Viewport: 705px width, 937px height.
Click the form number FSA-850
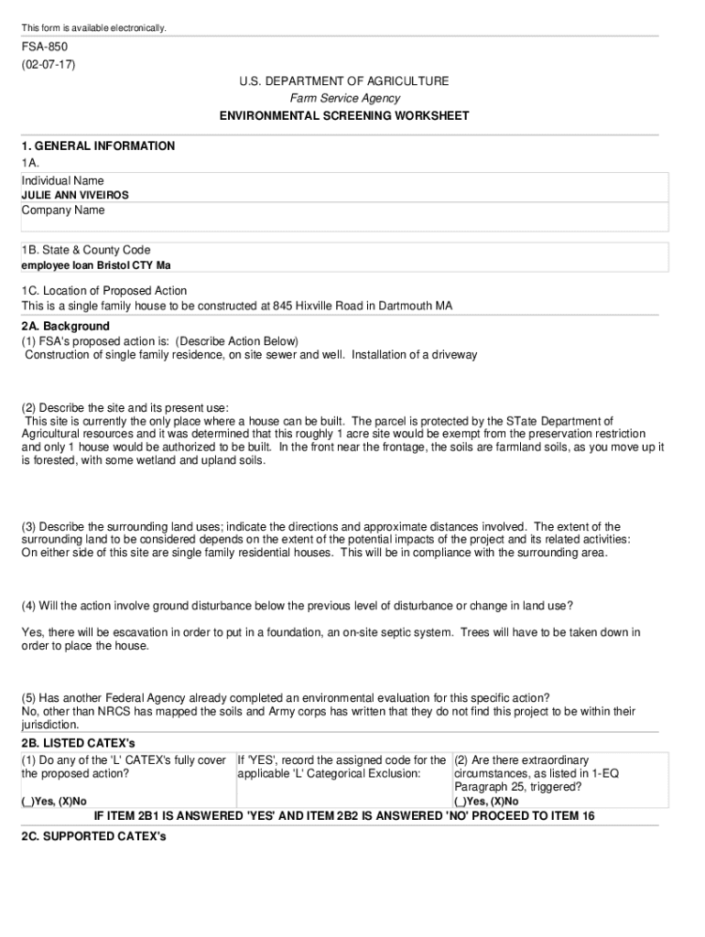coord(45,47)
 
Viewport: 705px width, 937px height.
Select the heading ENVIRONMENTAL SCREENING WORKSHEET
coord(344,116)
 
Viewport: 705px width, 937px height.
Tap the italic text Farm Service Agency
coord(344,99)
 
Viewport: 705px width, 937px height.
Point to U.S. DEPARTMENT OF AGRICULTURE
coord(344,81)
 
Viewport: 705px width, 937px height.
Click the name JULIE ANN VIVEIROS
coord(75,195)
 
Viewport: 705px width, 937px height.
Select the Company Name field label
coord(63,210)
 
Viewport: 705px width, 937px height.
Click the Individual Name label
coord(62,181)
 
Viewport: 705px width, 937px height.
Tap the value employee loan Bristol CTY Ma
coord(96,265)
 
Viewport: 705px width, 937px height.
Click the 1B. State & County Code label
coord(86,251)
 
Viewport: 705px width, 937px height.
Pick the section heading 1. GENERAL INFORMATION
coord(98,146)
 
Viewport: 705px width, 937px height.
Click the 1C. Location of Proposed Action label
coord(104,291)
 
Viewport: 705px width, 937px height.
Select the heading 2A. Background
coord(65,327)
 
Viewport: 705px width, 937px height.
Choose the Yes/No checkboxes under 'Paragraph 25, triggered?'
coord(486,802)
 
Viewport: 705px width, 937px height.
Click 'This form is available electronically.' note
coord(94,28)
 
